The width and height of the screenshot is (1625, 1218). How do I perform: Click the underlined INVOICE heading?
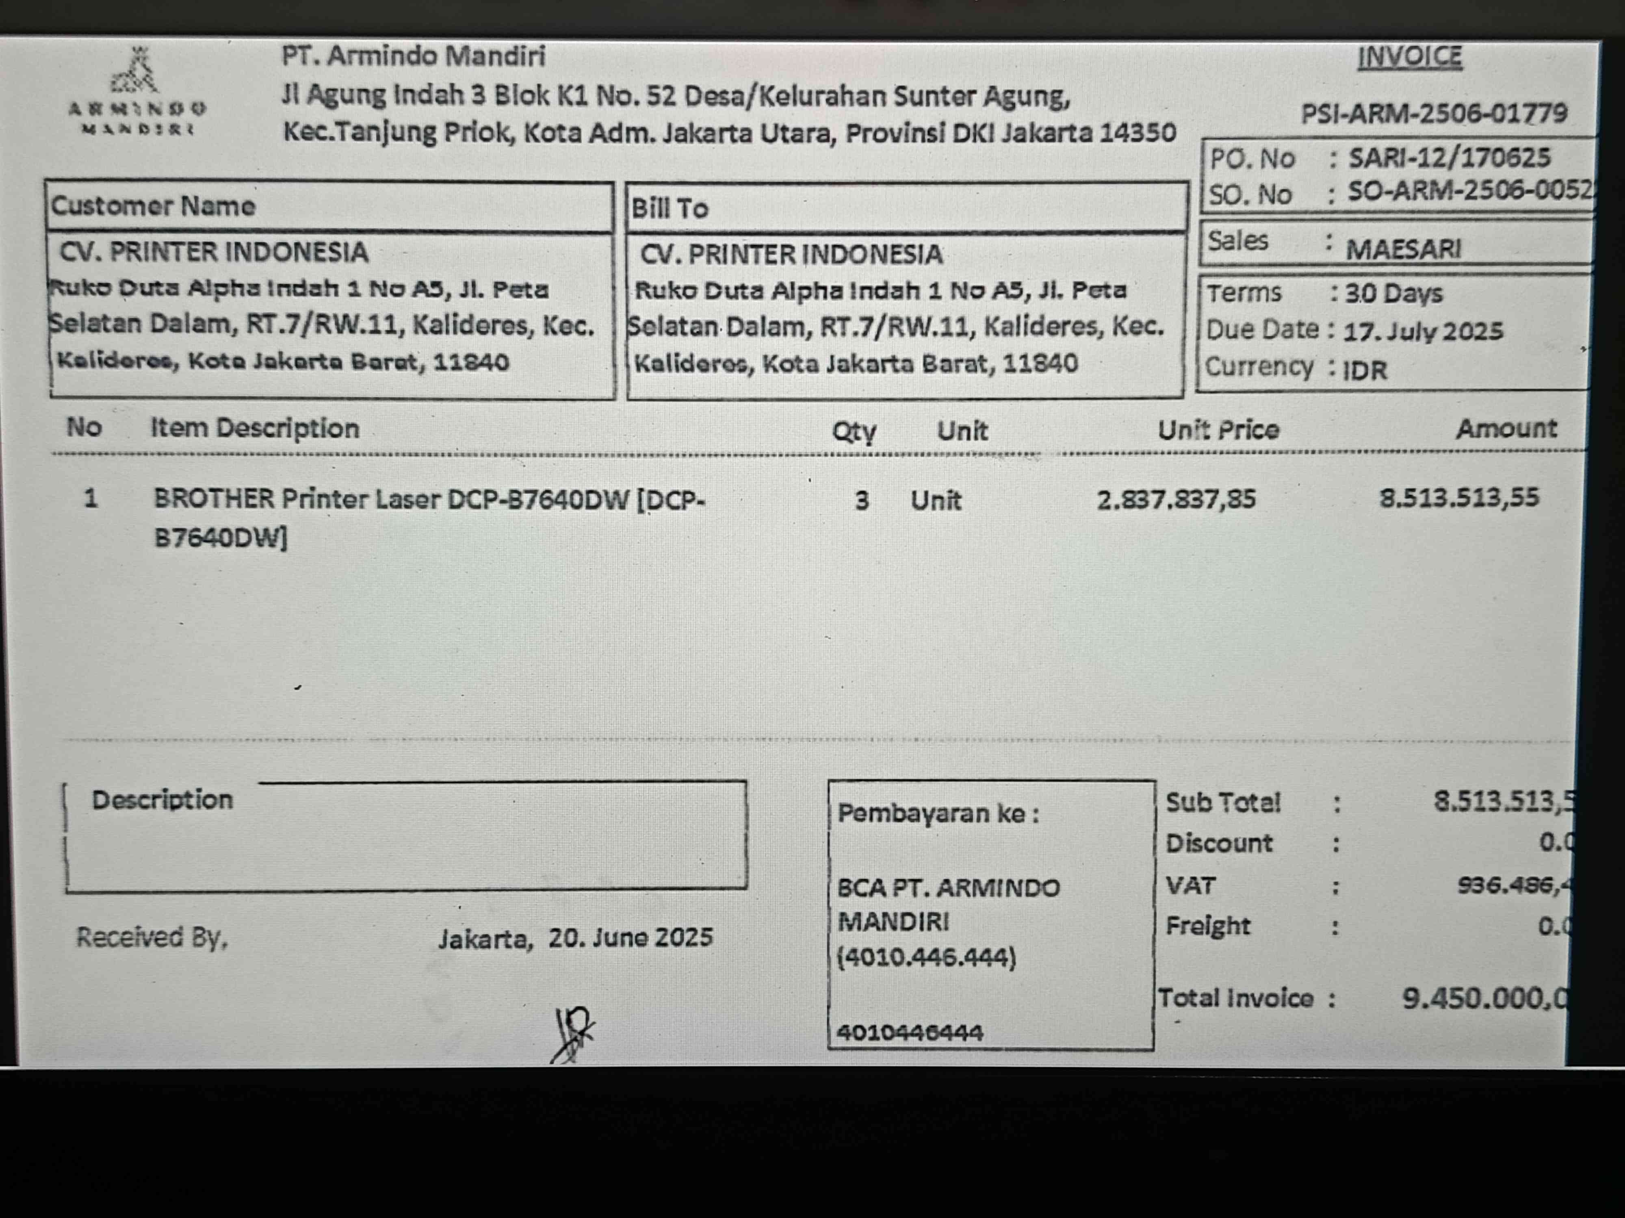coord(1409,57)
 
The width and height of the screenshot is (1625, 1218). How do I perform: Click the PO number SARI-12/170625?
coord(1449,157)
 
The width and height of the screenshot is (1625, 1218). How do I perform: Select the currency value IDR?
coord(1365,370)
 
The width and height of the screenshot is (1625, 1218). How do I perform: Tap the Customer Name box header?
coord(153,206)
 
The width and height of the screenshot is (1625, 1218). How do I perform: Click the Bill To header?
coord(669,209)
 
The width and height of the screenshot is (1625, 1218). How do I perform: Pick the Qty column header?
coord(854,431)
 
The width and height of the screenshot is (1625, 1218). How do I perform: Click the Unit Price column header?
coord(1218,430)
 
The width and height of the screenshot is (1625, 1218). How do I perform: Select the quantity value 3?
coord(862,501)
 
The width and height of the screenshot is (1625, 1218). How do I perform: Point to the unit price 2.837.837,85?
coord(1176,499)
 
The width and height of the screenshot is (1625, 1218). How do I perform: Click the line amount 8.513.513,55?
coord(1458,498)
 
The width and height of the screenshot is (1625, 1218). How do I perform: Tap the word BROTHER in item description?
coord(213,499)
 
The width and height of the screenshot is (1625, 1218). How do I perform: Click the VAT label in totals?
coord(1190,885)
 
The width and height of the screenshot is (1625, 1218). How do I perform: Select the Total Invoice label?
coord(1236,998)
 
